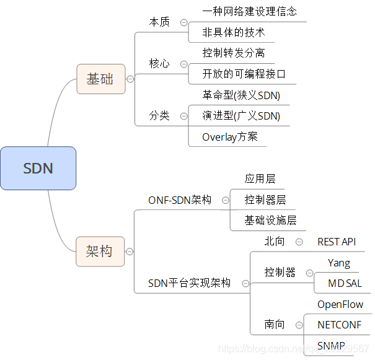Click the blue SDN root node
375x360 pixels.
point(38,168)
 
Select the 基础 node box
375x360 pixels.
point(100,79)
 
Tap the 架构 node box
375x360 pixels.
point(100,251)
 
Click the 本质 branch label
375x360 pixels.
point(159,22)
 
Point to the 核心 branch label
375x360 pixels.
point(159,64)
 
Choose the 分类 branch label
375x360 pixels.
point(159,115)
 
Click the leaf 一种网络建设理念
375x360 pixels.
point(249,11)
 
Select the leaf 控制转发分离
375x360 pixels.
point(234,53)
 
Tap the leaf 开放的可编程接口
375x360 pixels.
point(244,74)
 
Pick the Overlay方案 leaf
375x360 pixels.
point(230,137)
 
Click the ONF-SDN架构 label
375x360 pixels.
point(180,200)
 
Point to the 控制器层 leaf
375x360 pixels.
point(265,200)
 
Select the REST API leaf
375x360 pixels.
point(337,242)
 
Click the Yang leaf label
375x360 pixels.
point(339,263)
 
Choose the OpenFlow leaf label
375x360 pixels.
point(340,304)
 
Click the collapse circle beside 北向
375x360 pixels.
point(299,242)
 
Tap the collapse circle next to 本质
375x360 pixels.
point(183,22)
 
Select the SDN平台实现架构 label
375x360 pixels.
point(189,283)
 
